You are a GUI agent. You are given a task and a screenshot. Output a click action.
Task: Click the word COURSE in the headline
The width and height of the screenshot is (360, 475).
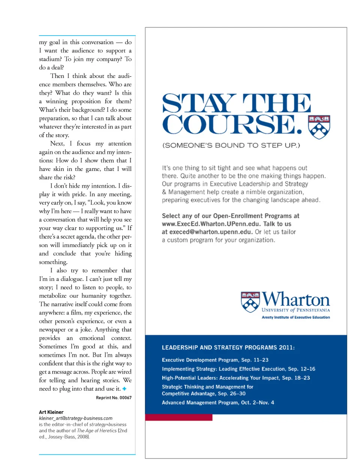(232, 124)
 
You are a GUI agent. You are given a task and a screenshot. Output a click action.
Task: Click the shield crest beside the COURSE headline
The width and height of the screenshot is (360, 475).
(319, 127)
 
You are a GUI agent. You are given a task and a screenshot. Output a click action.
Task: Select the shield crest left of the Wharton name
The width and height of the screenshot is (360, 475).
(250, 302)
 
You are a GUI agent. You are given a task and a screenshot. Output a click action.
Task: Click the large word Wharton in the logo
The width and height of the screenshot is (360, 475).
(296, 300)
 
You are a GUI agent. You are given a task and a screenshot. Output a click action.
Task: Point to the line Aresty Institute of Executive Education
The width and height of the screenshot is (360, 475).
(295, 317)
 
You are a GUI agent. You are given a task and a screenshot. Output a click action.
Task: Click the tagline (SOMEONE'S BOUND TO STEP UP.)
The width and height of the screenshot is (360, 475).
(231, 145)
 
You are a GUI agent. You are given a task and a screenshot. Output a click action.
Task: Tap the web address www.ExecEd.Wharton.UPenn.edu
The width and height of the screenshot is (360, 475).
(211, 224)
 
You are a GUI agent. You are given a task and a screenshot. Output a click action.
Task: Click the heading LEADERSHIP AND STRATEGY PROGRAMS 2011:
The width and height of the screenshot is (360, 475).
(228, 348)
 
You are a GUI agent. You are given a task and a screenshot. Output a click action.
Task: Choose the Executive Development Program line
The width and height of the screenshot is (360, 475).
(215, 360)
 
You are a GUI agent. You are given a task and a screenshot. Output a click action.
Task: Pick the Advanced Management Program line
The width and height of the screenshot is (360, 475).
(218, 402)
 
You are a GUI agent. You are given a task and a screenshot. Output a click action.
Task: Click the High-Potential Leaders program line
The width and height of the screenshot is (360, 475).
(236, 378)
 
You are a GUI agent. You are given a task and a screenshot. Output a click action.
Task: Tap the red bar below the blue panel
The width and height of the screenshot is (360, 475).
(178, 417)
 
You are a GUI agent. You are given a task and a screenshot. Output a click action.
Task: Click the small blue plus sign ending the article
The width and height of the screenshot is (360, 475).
(124, 389)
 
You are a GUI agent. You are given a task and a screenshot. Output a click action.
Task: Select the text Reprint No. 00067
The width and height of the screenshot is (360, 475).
(114, 397)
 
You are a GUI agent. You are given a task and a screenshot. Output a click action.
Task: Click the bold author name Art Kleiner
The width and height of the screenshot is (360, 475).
(51, 412)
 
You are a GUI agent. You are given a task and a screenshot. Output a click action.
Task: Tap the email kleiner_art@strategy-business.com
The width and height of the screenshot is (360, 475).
(76, 418)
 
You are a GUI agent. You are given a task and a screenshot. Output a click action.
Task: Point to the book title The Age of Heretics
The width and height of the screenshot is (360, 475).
(97, 430)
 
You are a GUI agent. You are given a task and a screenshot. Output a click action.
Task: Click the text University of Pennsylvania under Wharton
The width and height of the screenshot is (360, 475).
(295, 310)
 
